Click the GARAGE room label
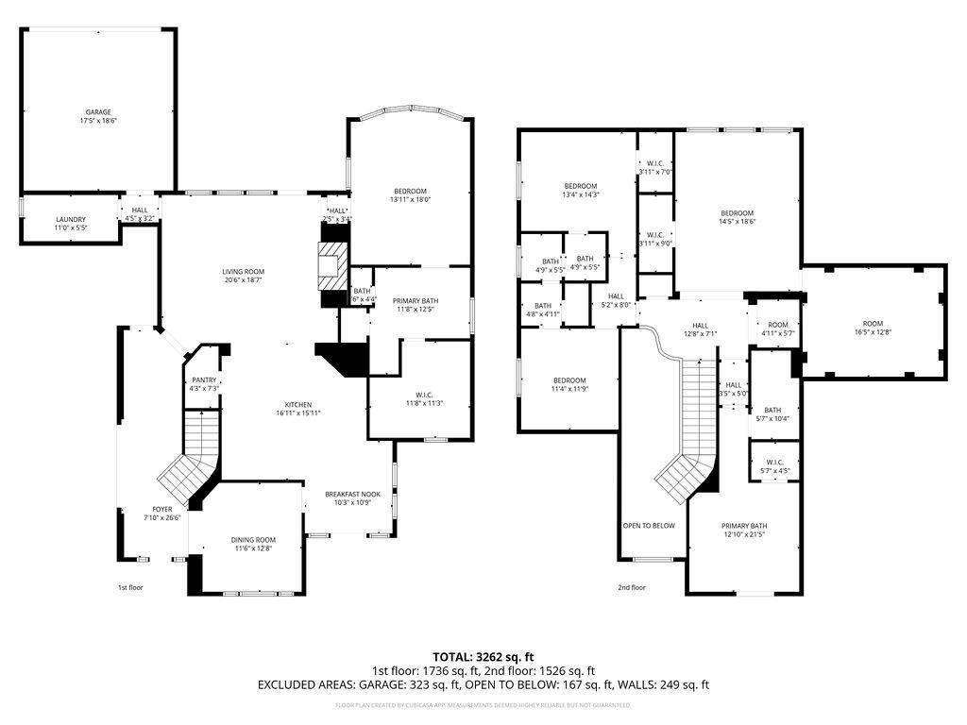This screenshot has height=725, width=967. (x=98, y=112)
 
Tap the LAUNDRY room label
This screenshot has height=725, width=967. (x=71, y=220)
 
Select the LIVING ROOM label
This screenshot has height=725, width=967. (x=243, y=272)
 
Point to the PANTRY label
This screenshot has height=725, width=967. (x=205, y=379)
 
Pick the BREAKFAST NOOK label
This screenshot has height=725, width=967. (x=352, y=494)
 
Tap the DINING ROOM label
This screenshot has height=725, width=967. (x=252, y=540)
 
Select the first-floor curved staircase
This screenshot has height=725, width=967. (x=189, y=463)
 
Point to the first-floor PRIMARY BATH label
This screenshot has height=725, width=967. (x=416, y=300)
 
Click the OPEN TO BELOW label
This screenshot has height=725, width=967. (x=649, y=526)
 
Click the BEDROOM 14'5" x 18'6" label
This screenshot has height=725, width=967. (x=737, y=212)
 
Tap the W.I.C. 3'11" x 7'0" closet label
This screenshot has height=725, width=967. (x=654, y=163)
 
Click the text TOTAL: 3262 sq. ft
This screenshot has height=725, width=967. (x=483, y=656)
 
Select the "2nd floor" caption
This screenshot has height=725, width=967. (x=632, y=587)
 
